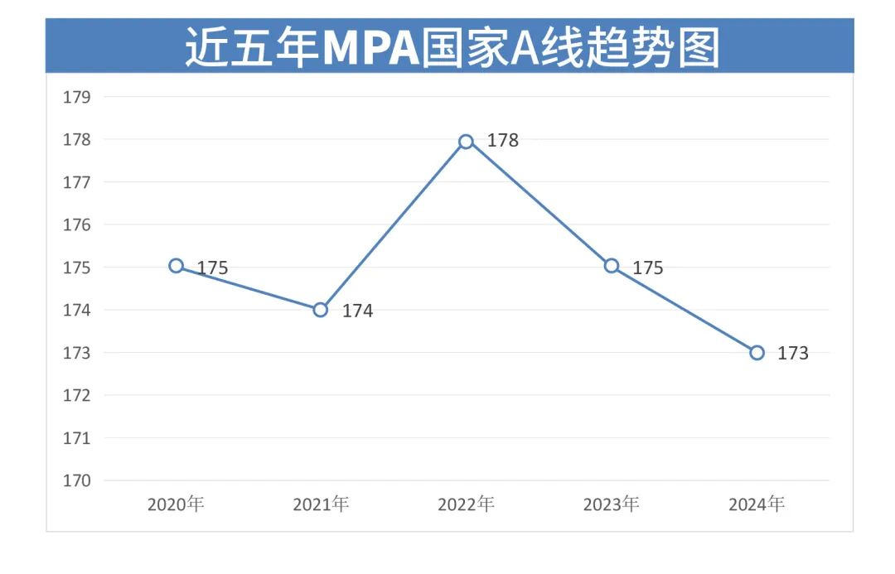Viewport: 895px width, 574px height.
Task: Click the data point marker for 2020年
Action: tap(176, 266)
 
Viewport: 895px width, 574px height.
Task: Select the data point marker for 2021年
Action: tap(321, 310)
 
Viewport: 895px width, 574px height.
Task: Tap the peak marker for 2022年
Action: tap(466, 142)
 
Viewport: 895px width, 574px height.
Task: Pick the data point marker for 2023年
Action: tap(612, 266)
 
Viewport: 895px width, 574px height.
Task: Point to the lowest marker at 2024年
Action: tap(757, 353)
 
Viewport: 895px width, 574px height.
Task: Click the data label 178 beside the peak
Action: tap(502, 141)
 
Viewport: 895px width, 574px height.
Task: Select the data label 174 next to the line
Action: tap(357, 311)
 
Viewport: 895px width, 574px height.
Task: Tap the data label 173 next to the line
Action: tap(792, 354)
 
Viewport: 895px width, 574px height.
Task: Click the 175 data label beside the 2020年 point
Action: tap(212, 268)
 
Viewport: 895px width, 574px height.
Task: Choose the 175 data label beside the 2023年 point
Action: tap(647, 268)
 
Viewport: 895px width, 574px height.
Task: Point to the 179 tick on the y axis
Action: tap(76, 97)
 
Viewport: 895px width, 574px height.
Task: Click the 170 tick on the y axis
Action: tap(76, 480)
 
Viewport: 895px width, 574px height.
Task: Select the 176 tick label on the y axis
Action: tap(76, 224)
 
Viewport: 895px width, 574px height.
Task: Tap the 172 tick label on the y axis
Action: tap(76, 395)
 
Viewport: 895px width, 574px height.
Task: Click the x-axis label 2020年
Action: tap(176, 504)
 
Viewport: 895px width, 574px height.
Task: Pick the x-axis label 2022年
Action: tap(466, 504)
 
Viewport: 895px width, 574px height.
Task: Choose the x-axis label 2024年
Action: tap(757, 504)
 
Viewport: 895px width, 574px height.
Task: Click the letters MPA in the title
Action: tap(370, 48)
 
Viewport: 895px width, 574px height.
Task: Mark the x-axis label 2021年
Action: tap(321, 504)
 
